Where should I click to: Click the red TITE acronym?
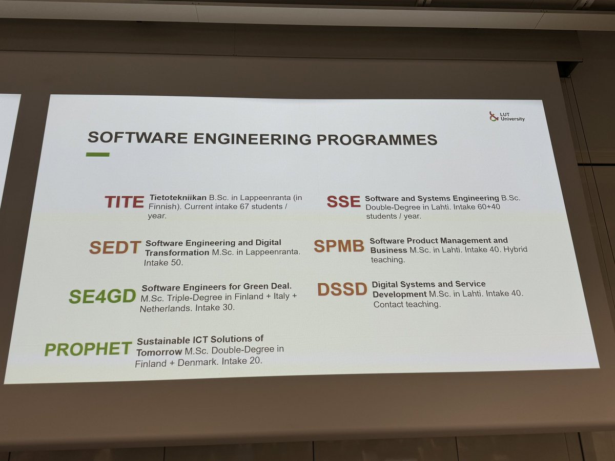tap(124, 202)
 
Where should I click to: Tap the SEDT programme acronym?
tap(115, 247)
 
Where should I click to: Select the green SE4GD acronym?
tap(102, 296)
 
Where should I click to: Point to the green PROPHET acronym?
tap(88, 349)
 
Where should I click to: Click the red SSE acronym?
tap(344, 201)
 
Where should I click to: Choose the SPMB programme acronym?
tap(339, 246)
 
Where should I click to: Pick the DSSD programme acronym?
tap(342, 289)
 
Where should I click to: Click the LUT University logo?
tap(507, 117)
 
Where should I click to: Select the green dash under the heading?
tap(97, 154)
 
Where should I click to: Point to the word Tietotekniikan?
tap(178, 197)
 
